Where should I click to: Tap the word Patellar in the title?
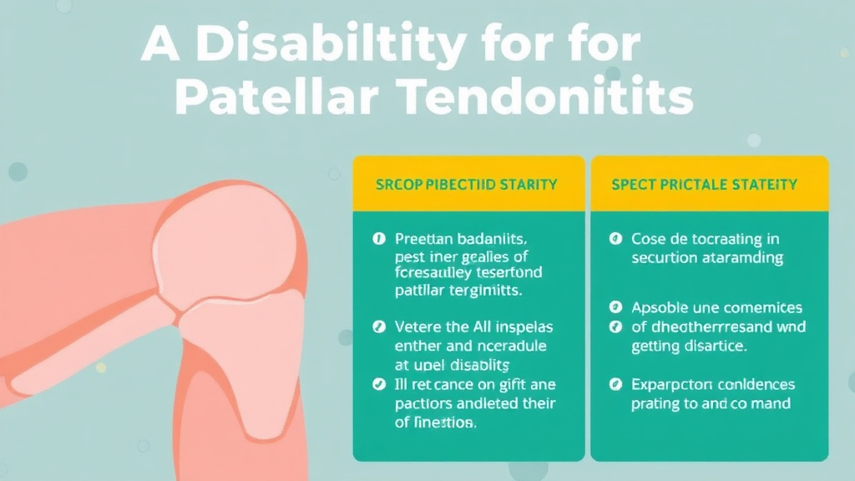pyautogui.click(x=276, y=99)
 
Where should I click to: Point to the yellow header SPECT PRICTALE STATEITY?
pyautogui.click(x=704, y=184)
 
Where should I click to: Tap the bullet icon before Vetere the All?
pyautogui.click(x=377, y=327)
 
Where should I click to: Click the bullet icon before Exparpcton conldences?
pyautogui.click(x=615, y=385)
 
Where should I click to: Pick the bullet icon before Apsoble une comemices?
pyautogui.click(x=615, y=307)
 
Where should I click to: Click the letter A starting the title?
pyautogui.click(x=159, y=45)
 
